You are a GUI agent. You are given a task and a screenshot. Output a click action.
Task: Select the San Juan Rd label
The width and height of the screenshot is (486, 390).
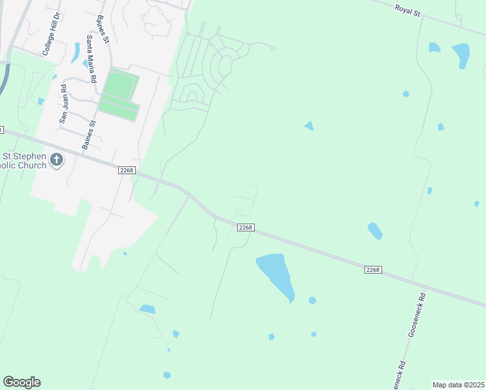coord(63,104)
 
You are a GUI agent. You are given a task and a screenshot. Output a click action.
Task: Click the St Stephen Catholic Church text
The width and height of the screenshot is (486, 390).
coord(25,161)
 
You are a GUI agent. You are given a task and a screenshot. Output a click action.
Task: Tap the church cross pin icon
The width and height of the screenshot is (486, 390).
coord(57,159)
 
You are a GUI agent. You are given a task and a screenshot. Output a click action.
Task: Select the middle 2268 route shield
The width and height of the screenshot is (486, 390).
coord(245,227)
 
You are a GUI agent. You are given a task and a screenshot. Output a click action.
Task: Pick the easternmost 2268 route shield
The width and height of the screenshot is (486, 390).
coord(372,269)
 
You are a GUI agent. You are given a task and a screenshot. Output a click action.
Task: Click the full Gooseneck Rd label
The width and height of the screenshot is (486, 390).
coord(415,314)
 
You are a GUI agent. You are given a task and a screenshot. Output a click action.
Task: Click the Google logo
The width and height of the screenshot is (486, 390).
coord(21,382)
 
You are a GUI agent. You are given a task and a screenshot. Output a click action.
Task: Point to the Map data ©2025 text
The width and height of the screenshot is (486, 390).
coord(458,385)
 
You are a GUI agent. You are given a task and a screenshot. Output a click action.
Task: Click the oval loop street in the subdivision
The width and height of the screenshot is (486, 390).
coord(225,66)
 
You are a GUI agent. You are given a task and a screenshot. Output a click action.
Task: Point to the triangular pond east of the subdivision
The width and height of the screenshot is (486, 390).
coord(309,125)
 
